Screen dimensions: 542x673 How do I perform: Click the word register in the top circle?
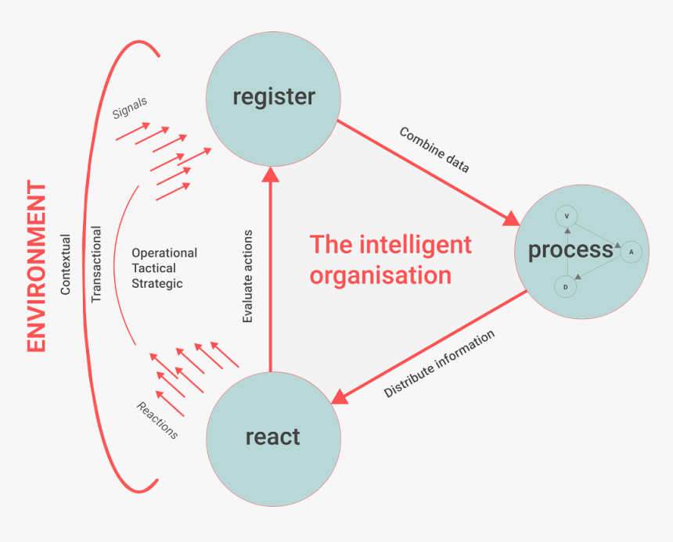pos(273,97)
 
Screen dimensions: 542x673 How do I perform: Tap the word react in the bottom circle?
pos(272,436)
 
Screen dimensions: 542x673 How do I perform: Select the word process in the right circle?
pos(570,250)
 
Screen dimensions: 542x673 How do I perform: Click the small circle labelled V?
pos(566,216)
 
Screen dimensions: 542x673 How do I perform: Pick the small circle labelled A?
pos(631,252)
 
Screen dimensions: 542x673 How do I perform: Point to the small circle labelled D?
pos(566,288)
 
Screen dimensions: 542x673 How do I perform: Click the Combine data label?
pos(434,149)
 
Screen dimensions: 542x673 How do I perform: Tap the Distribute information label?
pos(439,364)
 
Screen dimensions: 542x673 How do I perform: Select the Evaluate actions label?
pos(248,277)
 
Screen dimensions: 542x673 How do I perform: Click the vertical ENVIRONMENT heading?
pos(37,267)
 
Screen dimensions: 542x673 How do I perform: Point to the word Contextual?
pos(66,265)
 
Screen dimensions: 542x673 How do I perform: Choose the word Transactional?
pos(96,264)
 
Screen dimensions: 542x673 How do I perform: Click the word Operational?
pos(164,253)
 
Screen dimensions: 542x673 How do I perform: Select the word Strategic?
pos(157,283)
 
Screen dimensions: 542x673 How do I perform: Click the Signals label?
pos(130,108)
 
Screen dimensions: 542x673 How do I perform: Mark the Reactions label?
pos(157,420)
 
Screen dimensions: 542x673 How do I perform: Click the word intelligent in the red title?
pos(415,245)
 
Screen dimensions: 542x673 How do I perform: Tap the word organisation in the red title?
pos(380,275)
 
